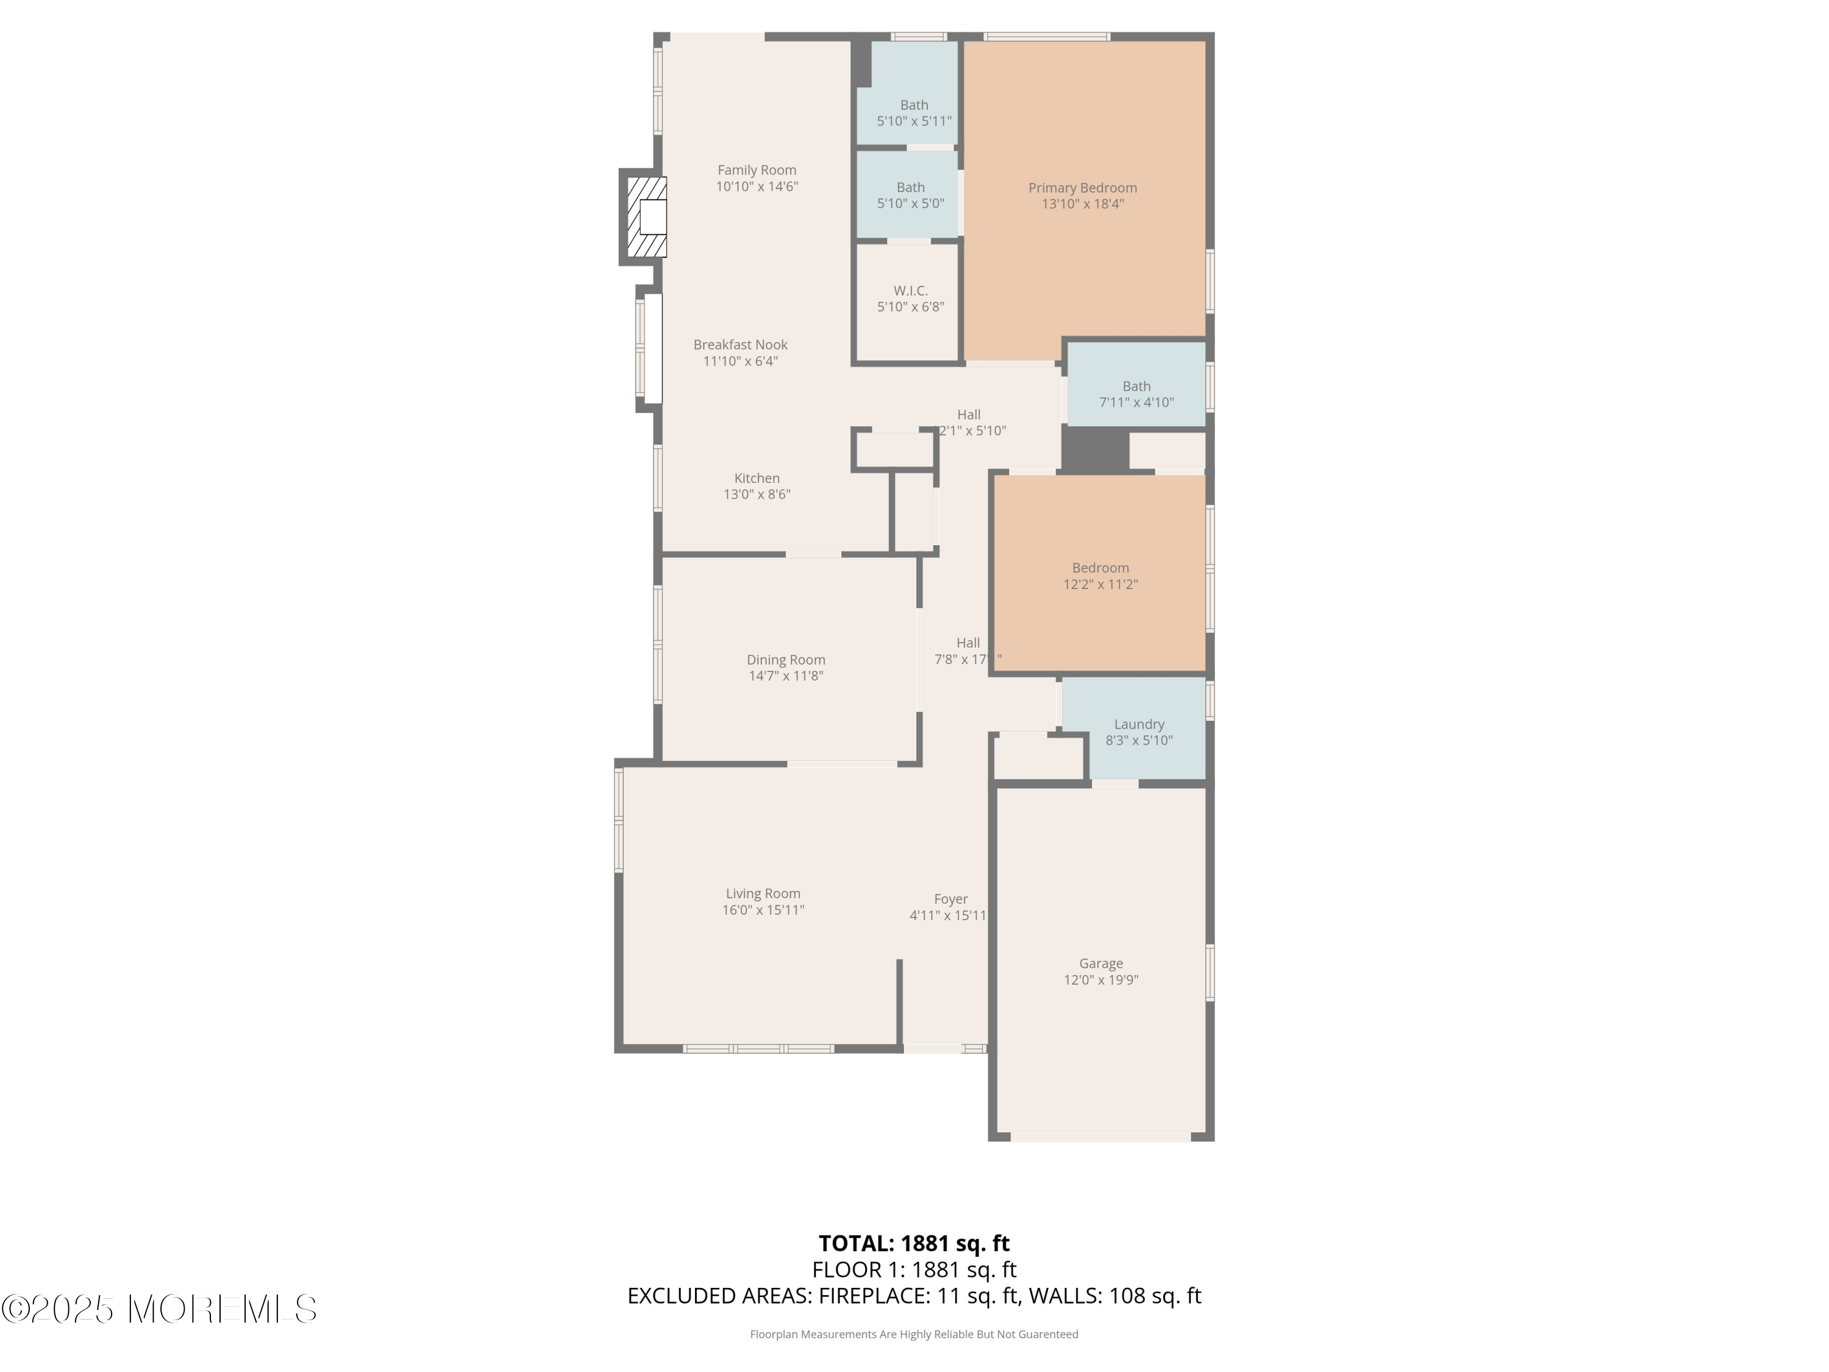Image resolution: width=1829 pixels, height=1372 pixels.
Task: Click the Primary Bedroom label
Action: click(x=1082, y=188)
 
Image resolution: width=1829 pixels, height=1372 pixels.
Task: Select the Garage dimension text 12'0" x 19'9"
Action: click(x=1100, y=980)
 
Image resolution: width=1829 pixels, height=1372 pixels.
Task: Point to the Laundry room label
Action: click(x=1139, y=724)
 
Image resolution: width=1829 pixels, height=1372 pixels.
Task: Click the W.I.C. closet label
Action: click(x=910, y=290)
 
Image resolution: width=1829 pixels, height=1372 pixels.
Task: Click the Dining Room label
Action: click(x=785, y=659)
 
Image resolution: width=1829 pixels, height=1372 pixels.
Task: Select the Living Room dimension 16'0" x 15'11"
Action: click(x=762, y=910)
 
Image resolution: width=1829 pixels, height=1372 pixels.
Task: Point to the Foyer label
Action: click(x=950, y=899)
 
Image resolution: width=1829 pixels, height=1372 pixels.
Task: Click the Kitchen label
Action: click(x=757, y=478)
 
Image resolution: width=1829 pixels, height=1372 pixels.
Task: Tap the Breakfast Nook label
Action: click(x=740, y=345)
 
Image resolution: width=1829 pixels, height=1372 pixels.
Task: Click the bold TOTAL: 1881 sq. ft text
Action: click(x=914, y=1243)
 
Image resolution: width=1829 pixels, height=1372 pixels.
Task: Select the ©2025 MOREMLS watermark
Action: click(x=159, y=1309)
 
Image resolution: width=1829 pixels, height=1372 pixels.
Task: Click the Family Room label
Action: click(x=757, y=170)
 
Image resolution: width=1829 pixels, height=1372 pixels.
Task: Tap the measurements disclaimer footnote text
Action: click(x=914, y=1334)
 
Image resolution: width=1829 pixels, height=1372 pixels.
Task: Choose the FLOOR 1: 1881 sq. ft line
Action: click(x=914, y=1270)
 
